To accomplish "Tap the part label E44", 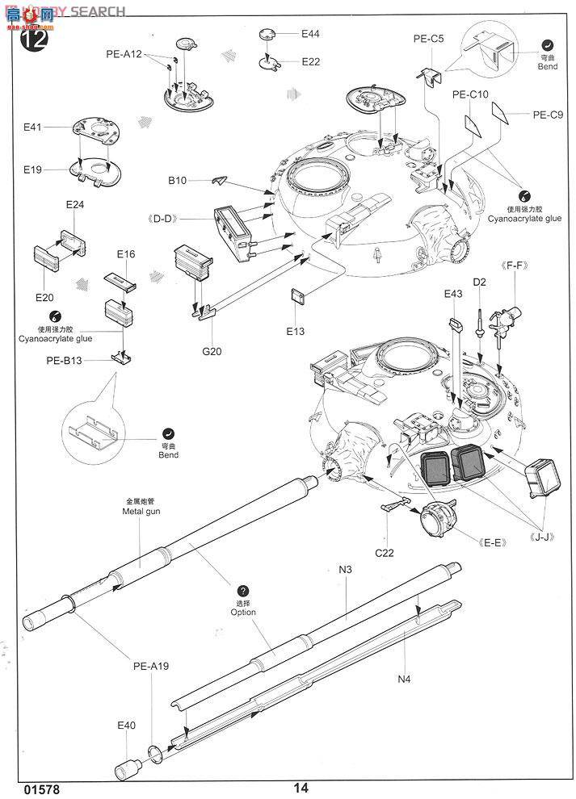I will tap(310, 34).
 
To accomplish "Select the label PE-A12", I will tap(124, 54).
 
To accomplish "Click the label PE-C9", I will tap(547, 115).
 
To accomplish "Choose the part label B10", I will tap(178, 181).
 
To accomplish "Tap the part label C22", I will tap(385, 553).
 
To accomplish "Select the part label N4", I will tap(404, 679).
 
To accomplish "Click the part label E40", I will tap(126, 726).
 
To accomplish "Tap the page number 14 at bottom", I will tap(301, 788).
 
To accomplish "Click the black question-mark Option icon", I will tap(243, 592).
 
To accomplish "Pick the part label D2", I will tap(479, 282).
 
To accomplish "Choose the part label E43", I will tap(452, 294).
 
